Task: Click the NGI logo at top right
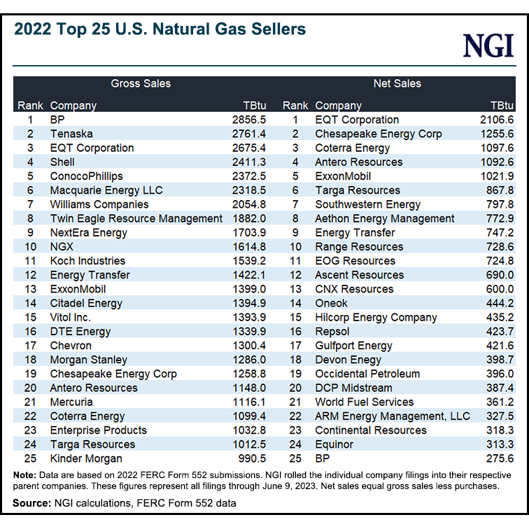(488, 46)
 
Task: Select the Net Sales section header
(397, 83)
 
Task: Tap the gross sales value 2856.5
(249, 120)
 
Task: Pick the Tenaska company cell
(71, 134)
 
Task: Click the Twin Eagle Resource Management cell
(136, 218)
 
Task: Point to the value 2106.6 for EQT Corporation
(496, 120)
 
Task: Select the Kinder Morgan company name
(86, 458)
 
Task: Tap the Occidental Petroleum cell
(367, 374)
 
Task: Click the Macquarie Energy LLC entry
(106, 190)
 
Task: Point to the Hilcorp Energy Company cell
(376, 317)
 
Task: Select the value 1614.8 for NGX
(249, 246)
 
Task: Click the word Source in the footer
(29, 503)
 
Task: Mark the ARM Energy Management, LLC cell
(393, 416)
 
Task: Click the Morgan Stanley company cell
(89, 360)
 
